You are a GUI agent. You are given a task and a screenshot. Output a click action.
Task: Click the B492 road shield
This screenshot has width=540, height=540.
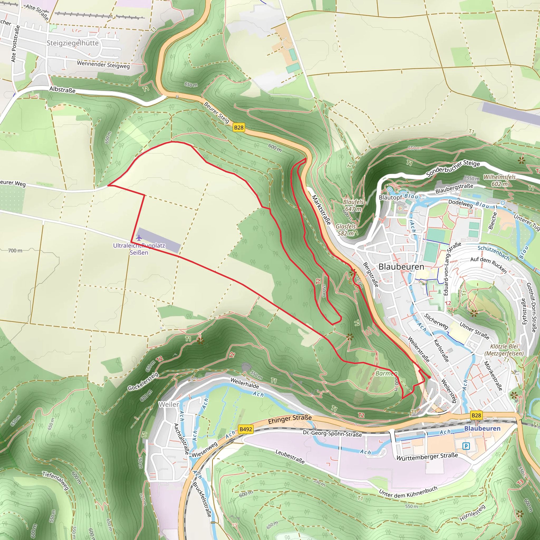point(246,429)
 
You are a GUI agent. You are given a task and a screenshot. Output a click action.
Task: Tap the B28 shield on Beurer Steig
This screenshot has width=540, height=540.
point(238,128)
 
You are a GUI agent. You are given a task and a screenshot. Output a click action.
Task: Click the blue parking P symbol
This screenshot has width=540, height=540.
point(466,446)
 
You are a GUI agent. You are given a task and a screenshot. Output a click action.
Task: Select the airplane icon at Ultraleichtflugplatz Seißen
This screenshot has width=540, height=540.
point(139,238)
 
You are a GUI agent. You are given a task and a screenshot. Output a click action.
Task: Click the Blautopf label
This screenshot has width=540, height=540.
point(390,197)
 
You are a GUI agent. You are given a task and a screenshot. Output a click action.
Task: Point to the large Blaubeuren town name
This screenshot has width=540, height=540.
point(401,267)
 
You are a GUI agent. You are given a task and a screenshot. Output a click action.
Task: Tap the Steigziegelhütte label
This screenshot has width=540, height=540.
point(73,43)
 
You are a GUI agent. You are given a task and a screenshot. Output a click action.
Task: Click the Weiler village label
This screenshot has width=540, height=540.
point(169,404)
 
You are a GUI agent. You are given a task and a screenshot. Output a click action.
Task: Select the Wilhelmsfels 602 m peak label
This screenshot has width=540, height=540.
point(499,181)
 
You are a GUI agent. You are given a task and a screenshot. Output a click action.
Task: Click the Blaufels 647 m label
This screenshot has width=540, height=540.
point(353,205)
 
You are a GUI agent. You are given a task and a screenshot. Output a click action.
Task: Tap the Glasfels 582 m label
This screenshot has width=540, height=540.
point(346,230)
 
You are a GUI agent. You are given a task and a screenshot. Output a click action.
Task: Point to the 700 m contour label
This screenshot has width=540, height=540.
point(15,250)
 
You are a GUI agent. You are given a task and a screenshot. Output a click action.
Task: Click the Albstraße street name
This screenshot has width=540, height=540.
point(62,90)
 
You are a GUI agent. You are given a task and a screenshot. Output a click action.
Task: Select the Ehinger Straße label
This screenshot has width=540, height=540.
point(290,419)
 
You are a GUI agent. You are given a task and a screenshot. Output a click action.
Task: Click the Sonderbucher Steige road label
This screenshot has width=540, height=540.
point(453,168)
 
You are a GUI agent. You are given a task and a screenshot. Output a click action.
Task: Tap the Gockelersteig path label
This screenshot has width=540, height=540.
point(143,382)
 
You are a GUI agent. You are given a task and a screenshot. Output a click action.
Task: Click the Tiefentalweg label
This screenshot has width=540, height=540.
point(56,480)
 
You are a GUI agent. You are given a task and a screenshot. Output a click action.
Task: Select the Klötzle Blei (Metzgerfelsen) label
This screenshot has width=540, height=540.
point(504,350)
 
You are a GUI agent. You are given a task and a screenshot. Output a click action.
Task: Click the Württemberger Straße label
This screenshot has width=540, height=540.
point(427,456)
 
